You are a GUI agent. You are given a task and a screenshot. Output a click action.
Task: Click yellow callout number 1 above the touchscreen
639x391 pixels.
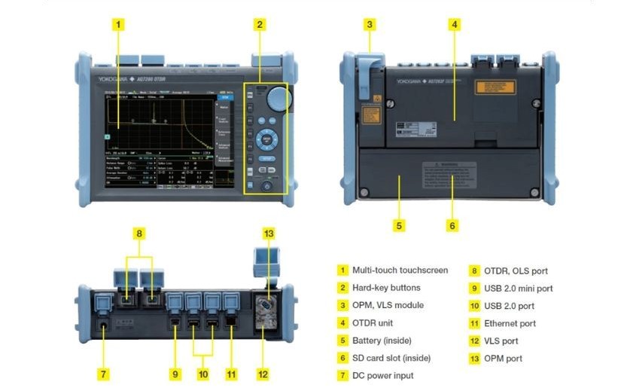(x=119, y=24)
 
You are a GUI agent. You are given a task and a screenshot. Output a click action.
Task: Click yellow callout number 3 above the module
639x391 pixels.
(x=369, y=24)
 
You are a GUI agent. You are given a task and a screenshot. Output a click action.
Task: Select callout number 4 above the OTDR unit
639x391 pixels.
(x=455, y=24)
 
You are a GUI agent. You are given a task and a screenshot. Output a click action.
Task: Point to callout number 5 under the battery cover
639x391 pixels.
(x=400, y=225)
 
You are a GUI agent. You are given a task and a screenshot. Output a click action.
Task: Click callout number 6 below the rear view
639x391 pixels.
(x=452, y=225)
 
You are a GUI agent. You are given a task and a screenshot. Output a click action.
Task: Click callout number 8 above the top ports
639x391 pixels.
(x=138, y=233)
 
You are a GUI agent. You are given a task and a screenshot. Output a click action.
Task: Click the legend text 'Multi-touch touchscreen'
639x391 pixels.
(x=400, y=270)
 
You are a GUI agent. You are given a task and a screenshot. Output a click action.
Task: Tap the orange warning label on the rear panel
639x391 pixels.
(x=494, y=87)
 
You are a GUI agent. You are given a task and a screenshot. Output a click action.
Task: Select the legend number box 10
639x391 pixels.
(x=473, y=306)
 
